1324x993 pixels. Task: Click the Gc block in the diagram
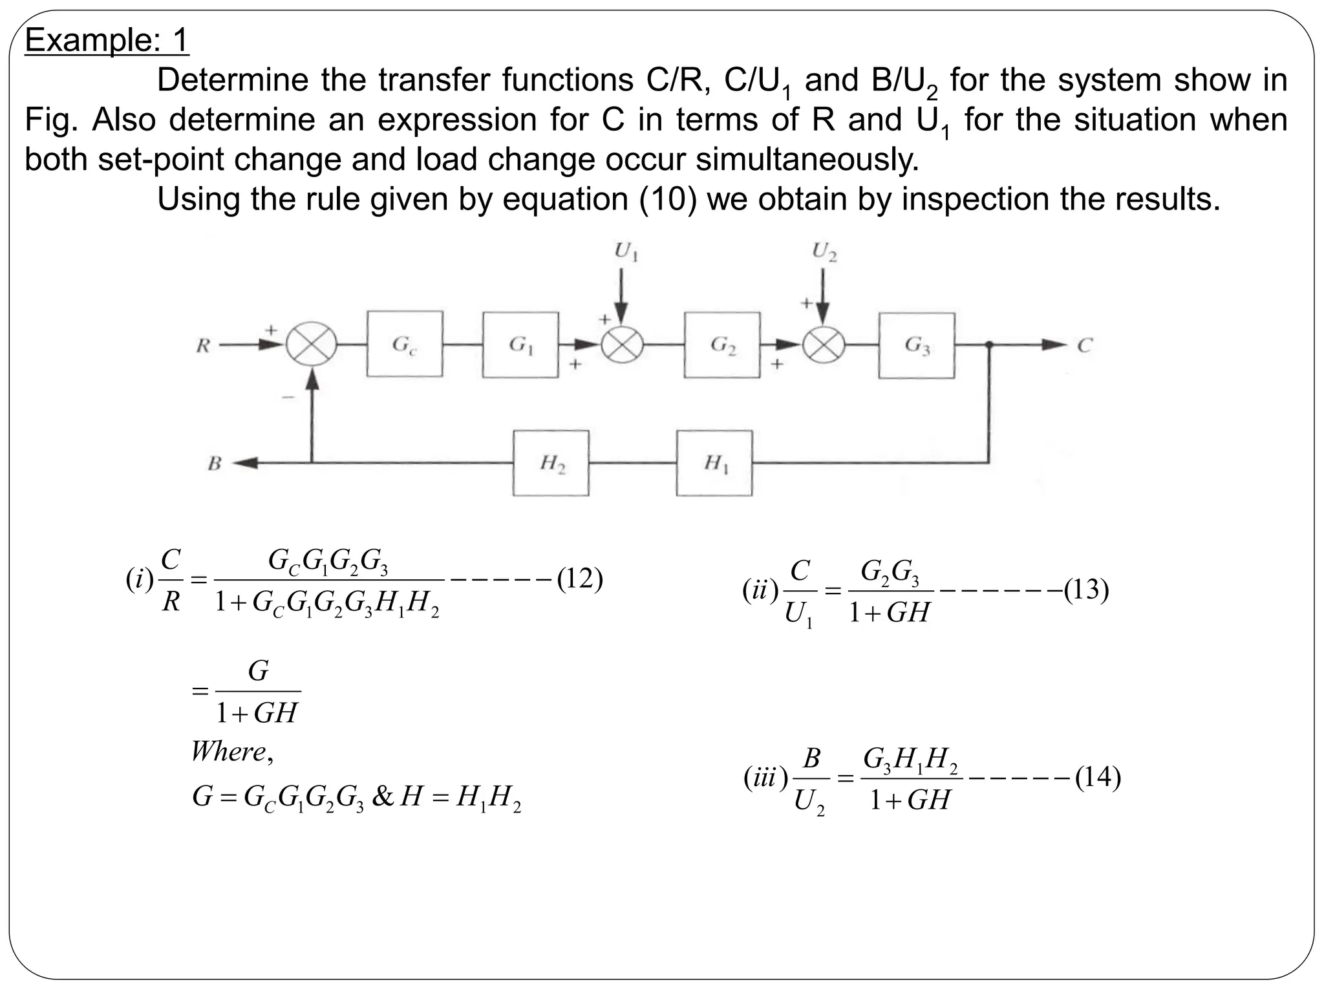[405, 344]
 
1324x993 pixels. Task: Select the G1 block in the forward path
[520, 345]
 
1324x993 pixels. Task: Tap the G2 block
[722, 345]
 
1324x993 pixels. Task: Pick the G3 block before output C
[916, 345]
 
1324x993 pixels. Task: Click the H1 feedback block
[714, 463]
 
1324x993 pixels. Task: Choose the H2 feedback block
[551, 463]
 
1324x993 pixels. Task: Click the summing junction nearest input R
[312, 345]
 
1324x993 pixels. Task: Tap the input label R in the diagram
[203, 346]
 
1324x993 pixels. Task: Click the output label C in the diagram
[1084, 346]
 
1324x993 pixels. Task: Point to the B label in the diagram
[214, 464]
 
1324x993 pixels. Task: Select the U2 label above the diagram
[825, 251]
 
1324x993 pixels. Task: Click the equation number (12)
[579, 579]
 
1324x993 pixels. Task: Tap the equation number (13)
[1086, 590]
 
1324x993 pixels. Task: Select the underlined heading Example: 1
[107, 41]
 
